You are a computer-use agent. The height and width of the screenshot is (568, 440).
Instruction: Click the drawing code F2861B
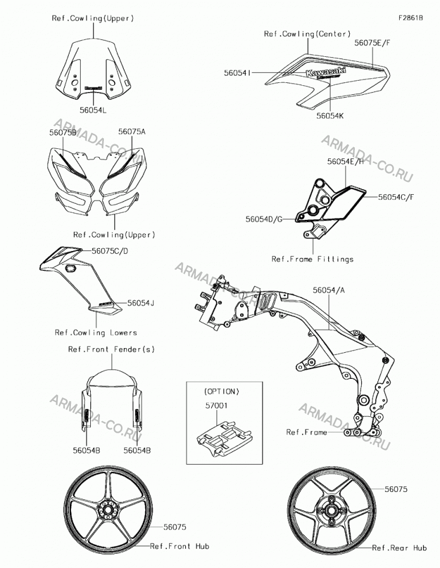point(410,18)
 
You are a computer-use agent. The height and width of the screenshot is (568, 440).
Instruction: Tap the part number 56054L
point(94,110)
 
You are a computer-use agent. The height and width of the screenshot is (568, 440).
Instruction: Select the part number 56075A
point(132,132)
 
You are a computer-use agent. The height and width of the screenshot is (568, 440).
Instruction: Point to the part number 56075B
point(63,132)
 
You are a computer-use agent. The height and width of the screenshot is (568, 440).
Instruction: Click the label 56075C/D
point(110,251)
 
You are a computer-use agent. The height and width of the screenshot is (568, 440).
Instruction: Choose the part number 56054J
point(141,303)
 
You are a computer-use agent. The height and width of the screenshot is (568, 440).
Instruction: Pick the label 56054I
point(237,73)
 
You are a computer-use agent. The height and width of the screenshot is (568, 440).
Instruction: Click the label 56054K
point(330,116)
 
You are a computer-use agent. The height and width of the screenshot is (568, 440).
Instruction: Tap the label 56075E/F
point(372,43)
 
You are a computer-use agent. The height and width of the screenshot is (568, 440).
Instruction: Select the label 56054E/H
point(346,161)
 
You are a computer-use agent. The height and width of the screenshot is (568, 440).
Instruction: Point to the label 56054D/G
point(264,219)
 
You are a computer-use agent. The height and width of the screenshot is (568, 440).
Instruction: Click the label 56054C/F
point(396,197)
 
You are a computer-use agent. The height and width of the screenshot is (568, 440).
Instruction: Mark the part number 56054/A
point(329,290)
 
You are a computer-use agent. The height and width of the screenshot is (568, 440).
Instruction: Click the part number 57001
point(216,406)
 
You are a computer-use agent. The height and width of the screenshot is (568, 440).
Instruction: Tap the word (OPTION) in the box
point(221,391)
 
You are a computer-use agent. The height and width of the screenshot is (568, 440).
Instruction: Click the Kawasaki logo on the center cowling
point(326,71)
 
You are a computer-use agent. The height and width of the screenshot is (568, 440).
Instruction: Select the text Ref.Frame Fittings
point(312,260)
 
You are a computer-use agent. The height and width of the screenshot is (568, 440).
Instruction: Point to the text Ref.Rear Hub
point(400,548)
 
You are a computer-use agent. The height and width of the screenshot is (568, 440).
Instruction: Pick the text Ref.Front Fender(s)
point(111,349)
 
